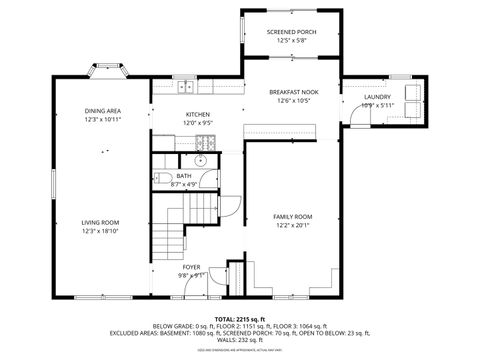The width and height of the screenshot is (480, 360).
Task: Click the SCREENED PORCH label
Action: pyautogui.click(x=291, y=32)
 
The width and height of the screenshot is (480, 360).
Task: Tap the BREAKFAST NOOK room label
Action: pyautogui.click(x=291, y=92)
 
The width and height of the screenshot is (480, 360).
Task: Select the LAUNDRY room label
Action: pyautogui.click(x=377, y=96)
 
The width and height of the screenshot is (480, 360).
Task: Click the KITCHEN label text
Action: pyautogui.click(x=198, y=115)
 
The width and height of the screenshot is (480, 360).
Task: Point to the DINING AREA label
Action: pyautogui.click(x=102, y=111)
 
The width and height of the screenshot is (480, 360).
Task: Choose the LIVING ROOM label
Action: pyautogui.click(x=100, y=222)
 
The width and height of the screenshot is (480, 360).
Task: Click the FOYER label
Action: pyautogui.click(x=190, y=267)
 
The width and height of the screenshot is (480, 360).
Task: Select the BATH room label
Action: pyautogui.click(x=185, y=176)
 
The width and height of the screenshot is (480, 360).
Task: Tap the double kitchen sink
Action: pyautogui.click(x=188, y=88)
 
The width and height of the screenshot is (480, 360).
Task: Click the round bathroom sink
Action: pyautogui.click(x=199, y=160)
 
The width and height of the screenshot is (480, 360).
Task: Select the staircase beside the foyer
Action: pyautogui.click(x=176, y=224)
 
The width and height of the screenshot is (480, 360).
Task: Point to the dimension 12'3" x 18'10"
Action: pyautogui.click(x=100, y=231)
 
